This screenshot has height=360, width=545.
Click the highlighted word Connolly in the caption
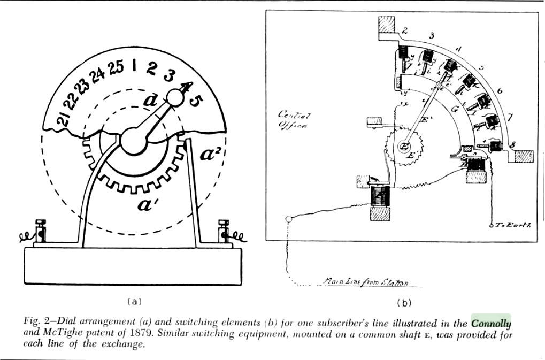[x=491, y=323]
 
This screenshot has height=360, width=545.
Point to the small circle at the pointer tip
[x=175, y=97]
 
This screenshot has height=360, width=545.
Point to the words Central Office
[x=293, y=120]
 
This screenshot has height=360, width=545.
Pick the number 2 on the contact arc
[x=405, y=31]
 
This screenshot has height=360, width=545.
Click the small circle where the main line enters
[x=289, y=219]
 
